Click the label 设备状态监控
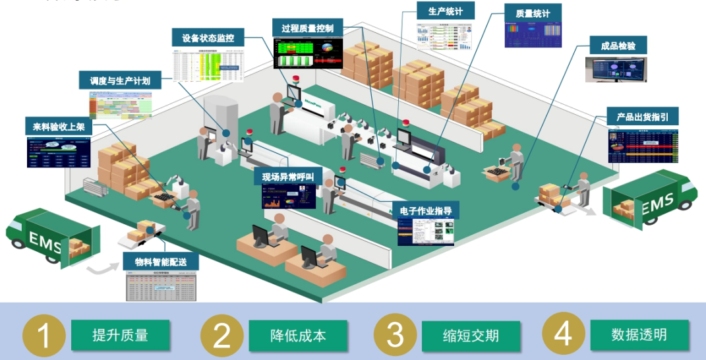pyautogui.click(x=208, y=38)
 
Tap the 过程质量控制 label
pyautogui.click(x=307, y=28)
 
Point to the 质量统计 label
pyautogui.click(x=533, y=13)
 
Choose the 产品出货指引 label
pyautogui.click(x=642, y=117)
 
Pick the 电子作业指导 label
pyautogui.click(x=425, y=211)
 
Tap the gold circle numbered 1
pyautogui.click(x=44, y=335)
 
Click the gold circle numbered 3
pyautogui.click(x=395, y=335)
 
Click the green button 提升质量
pyautogui.click(x=120, y=335)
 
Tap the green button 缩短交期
pyautogui.click(x=471, y=335)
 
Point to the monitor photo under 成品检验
pyautogui.click(x=615, y=69)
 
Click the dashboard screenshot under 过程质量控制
pyautogui.click(x=307, y=54)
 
